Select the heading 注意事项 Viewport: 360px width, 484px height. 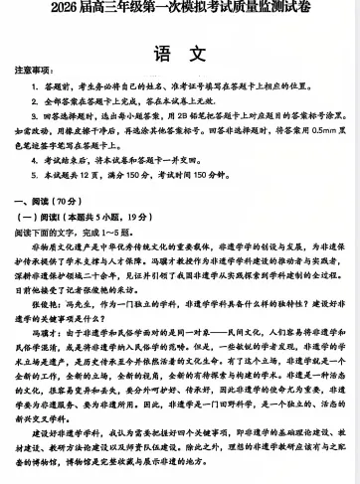(32, 74)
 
